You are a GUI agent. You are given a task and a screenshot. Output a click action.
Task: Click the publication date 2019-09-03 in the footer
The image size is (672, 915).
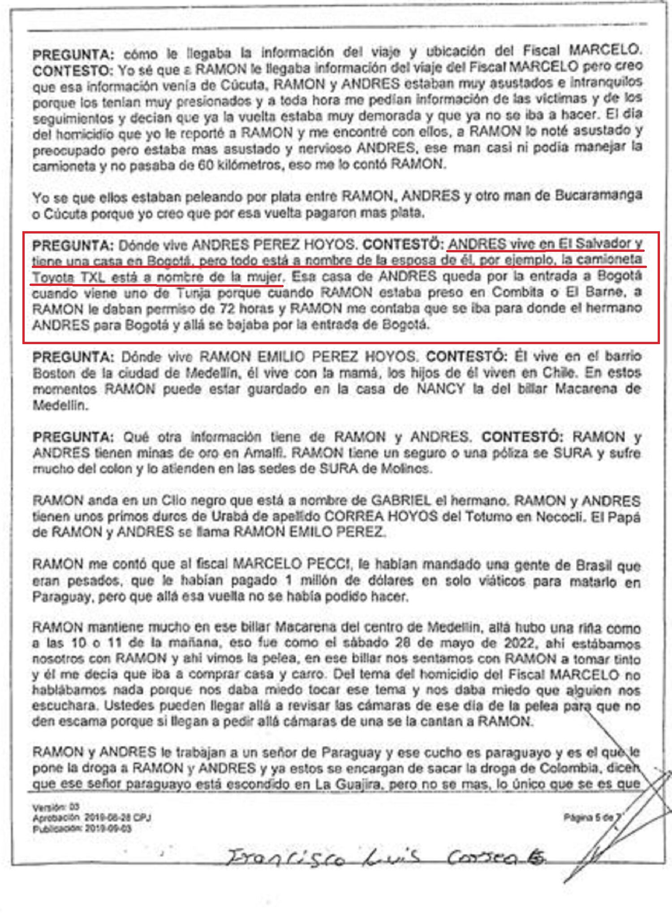point(108,829)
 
